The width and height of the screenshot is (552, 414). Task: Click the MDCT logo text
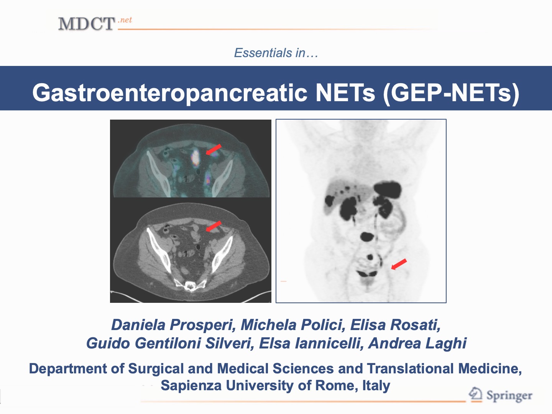click(86, 24)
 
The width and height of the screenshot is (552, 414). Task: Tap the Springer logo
click(500, 395)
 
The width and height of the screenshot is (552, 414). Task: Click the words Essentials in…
click(276, 53)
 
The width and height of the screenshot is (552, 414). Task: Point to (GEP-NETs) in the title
click(451, 93)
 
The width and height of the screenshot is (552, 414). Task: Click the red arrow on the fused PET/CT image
click(214, 149)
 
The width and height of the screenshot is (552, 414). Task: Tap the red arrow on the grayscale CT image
click(214, 226)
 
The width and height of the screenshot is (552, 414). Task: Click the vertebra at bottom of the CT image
click(189, 286)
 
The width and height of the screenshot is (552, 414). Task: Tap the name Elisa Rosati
click(395, 325)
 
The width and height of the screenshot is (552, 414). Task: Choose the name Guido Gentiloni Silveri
click(170, 343)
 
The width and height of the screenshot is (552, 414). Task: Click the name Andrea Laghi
click(417, 343)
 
